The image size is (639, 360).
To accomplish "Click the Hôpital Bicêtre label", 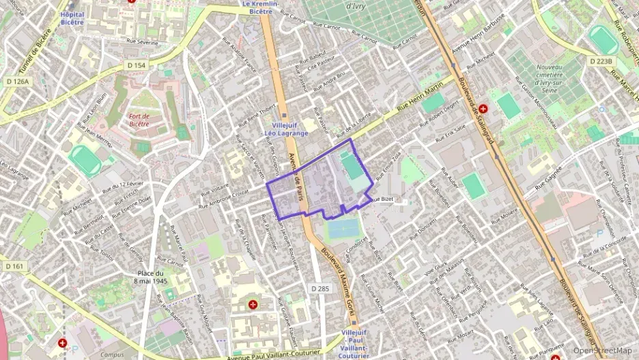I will [x=72, y=18].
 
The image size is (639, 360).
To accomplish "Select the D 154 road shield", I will [x=137, y=65].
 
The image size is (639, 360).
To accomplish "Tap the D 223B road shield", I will [x=601, y=61].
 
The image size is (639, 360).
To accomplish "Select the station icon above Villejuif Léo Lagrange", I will [x=285, y=117].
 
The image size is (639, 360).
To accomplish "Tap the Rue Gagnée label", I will [x=549, y=180].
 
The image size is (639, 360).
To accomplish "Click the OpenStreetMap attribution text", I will [x=602, y=350].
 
